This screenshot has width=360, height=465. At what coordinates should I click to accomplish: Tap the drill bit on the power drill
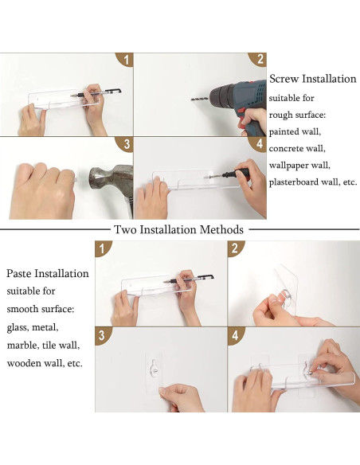[x=200, y=99]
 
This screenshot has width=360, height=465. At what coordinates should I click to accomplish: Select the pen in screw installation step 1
[x=96, y=93]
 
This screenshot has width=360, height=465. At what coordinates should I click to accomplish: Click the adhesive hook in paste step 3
[x=155, y=368]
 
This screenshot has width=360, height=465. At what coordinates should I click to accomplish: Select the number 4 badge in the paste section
[x=236, y=335]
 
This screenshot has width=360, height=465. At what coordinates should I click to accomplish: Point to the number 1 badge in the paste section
[x=102, y=248]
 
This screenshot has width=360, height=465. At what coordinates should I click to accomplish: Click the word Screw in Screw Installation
[x=284, y=79]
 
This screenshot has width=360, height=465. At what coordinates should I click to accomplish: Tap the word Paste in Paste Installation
[x=19, y=273]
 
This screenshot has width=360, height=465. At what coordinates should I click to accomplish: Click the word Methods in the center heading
[x=221, y=229]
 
